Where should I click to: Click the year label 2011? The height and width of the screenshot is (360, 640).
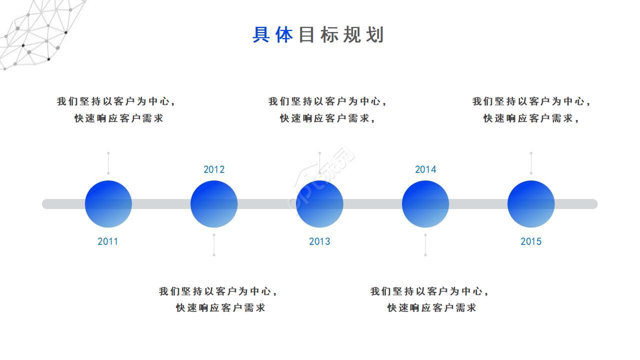pos(108,241)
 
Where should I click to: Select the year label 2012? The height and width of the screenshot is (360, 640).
pos(214,169)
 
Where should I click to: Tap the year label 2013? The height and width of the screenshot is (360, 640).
pos(319,241)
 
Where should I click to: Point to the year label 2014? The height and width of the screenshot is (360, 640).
pos(425,169)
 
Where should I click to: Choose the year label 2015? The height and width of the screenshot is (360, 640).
pos(531,241)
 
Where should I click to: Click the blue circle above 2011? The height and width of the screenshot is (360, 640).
pos(108,204)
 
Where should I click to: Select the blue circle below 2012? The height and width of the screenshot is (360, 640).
pos(214,204)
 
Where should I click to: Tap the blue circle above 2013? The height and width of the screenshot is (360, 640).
pos(319,204)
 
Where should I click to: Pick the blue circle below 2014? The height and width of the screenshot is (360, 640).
pos(425,204)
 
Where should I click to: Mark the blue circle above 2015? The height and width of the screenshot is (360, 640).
pos(531,204)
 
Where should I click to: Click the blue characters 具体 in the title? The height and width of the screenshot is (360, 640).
pos(272,35)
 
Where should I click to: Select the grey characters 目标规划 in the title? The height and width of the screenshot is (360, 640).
pos(341,35)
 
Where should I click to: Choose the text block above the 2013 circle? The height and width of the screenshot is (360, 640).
pos(328,109)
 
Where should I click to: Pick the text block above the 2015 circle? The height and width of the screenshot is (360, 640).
pos(532,109)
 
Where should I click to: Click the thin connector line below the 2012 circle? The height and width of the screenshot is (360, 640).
pos(214,244)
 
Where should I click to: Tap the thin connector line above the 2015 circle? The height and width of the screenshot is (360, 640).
pos(531,163)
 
